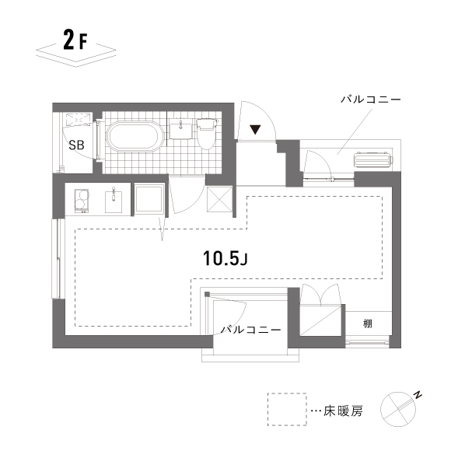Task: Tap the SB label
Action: coord(76,145)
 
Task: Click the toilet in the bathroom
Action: coord(206,133)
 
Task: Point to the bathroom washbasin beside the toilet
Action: coord(180,128)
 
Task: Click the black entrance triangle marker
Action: coord(255,129)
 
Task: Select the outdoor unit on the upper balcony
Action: coord(373,162)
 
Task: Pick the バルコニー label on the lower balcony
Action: coord(250,330)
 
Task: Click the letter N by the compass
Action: coord(417,396)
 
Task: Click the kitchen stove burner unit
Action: coord(81,201)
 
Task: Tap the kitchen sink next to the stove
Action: coord(114,201)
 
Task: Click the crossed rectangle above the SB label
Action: coord(78,119)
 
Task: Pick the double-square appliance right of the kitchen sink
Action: coord(149,200)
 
